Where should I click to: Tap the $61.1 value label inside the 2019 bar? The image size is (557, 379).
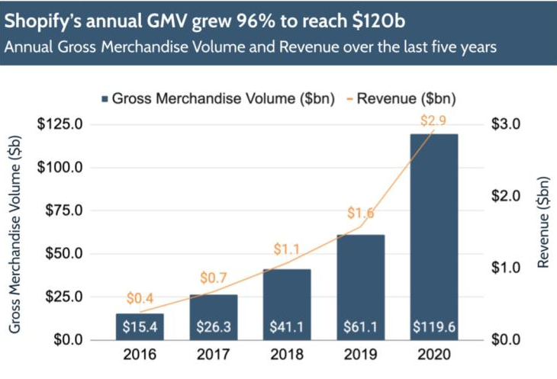[x=360, y=326]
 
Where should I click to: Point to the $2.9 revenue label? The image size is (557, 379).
[x=434, y=120]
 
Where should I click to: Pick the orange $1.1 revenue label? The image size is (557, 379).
[x=288, y=249]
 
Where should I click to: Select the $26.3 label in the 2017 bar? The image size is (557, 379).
[x=214, y=326]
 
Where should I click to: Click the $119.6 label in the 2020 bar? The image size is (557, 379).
[x=434, y=326]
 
